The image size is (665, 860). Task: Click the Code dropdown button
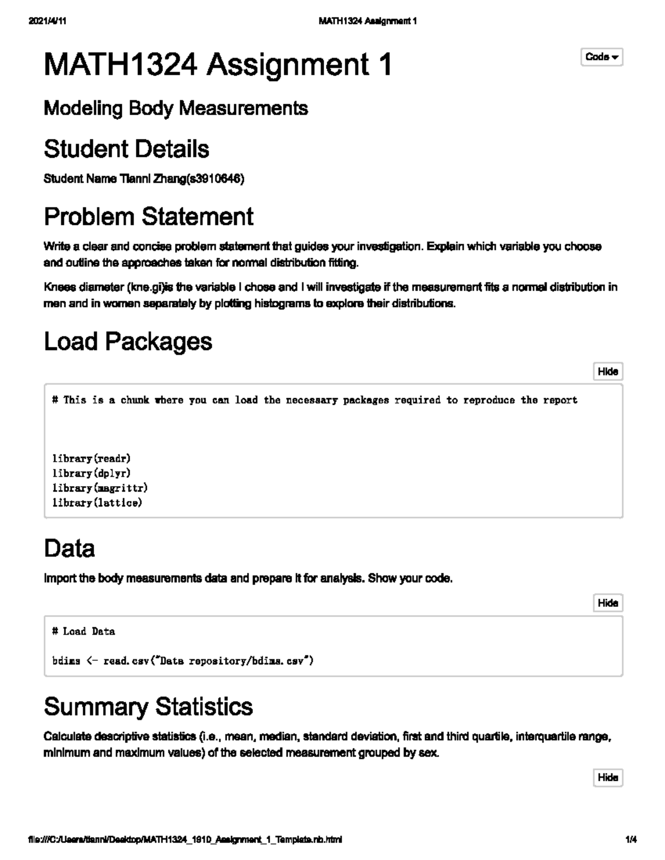point(602,57)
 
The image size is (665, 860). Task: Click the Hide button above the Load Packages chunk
point(608,372)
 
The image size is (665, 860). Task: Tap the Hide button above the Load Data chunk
point(608,603)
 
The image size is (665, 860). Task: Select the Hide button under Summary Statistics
point(608,777)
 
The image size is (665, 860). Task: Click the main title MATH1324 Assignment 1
point(218,65)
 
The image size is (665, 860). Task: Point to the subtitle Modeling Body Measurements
point(176,108)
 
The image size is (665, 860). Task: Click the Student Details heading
point(126,149)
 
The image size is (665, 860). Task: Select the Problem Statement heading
point(149,217)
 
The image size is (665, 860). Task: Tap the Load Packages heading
point(128,342)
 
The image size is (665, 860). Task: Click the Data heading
point(69,548)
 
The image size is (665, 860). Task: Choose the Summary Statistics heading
point(148,707)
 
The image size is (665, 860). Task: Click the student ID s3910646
point(214,179)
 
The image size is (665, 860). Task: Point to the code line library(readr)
point(91,459)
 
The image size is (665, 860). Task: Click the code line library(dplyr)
point(91,473)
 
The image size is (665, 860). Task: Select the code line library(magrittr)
point(100,488)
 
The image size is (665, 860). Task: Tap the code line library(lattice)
point(97,503)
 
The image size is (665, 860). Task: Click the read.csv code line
point(183,661)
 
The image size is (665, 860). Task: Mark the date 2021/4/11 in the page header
point(47,22)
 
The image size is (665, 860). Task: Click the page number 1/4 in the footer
point(631,840)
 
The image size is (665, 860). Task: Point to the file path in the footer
point(185,840)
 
